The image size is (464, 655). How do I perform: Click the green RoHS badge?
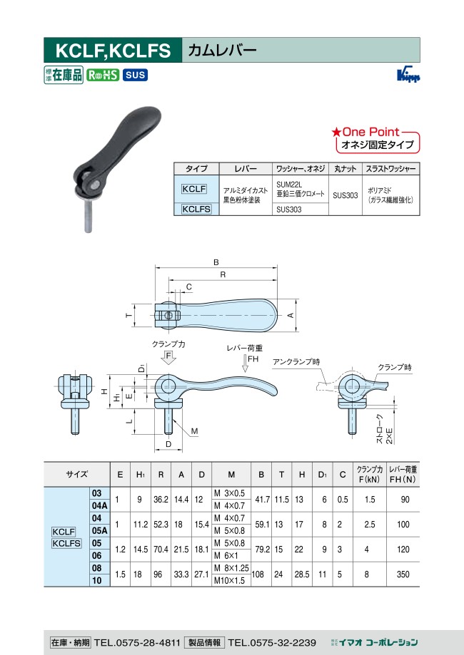point(103,75)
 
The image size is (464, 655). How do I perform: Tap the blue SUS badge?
point(135,75)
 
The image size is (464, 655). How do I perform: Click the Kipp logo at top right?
point(408,75)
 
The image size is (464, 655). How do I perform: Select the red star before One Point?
point(336,133)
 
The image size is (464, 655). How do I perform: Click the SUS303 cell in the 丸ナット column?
point(346,195)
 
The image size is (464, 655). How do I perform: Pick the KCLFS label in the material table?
point(196,209)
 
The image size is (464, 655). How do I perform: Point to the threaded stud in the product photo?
point(88,216)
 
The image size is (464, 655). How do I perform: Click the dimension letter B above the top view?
point(216,262)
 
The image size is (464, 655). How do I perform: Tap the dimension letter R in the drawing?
point(223,274)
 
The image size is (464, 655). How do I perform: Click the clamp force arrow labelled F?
point(168,358)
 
